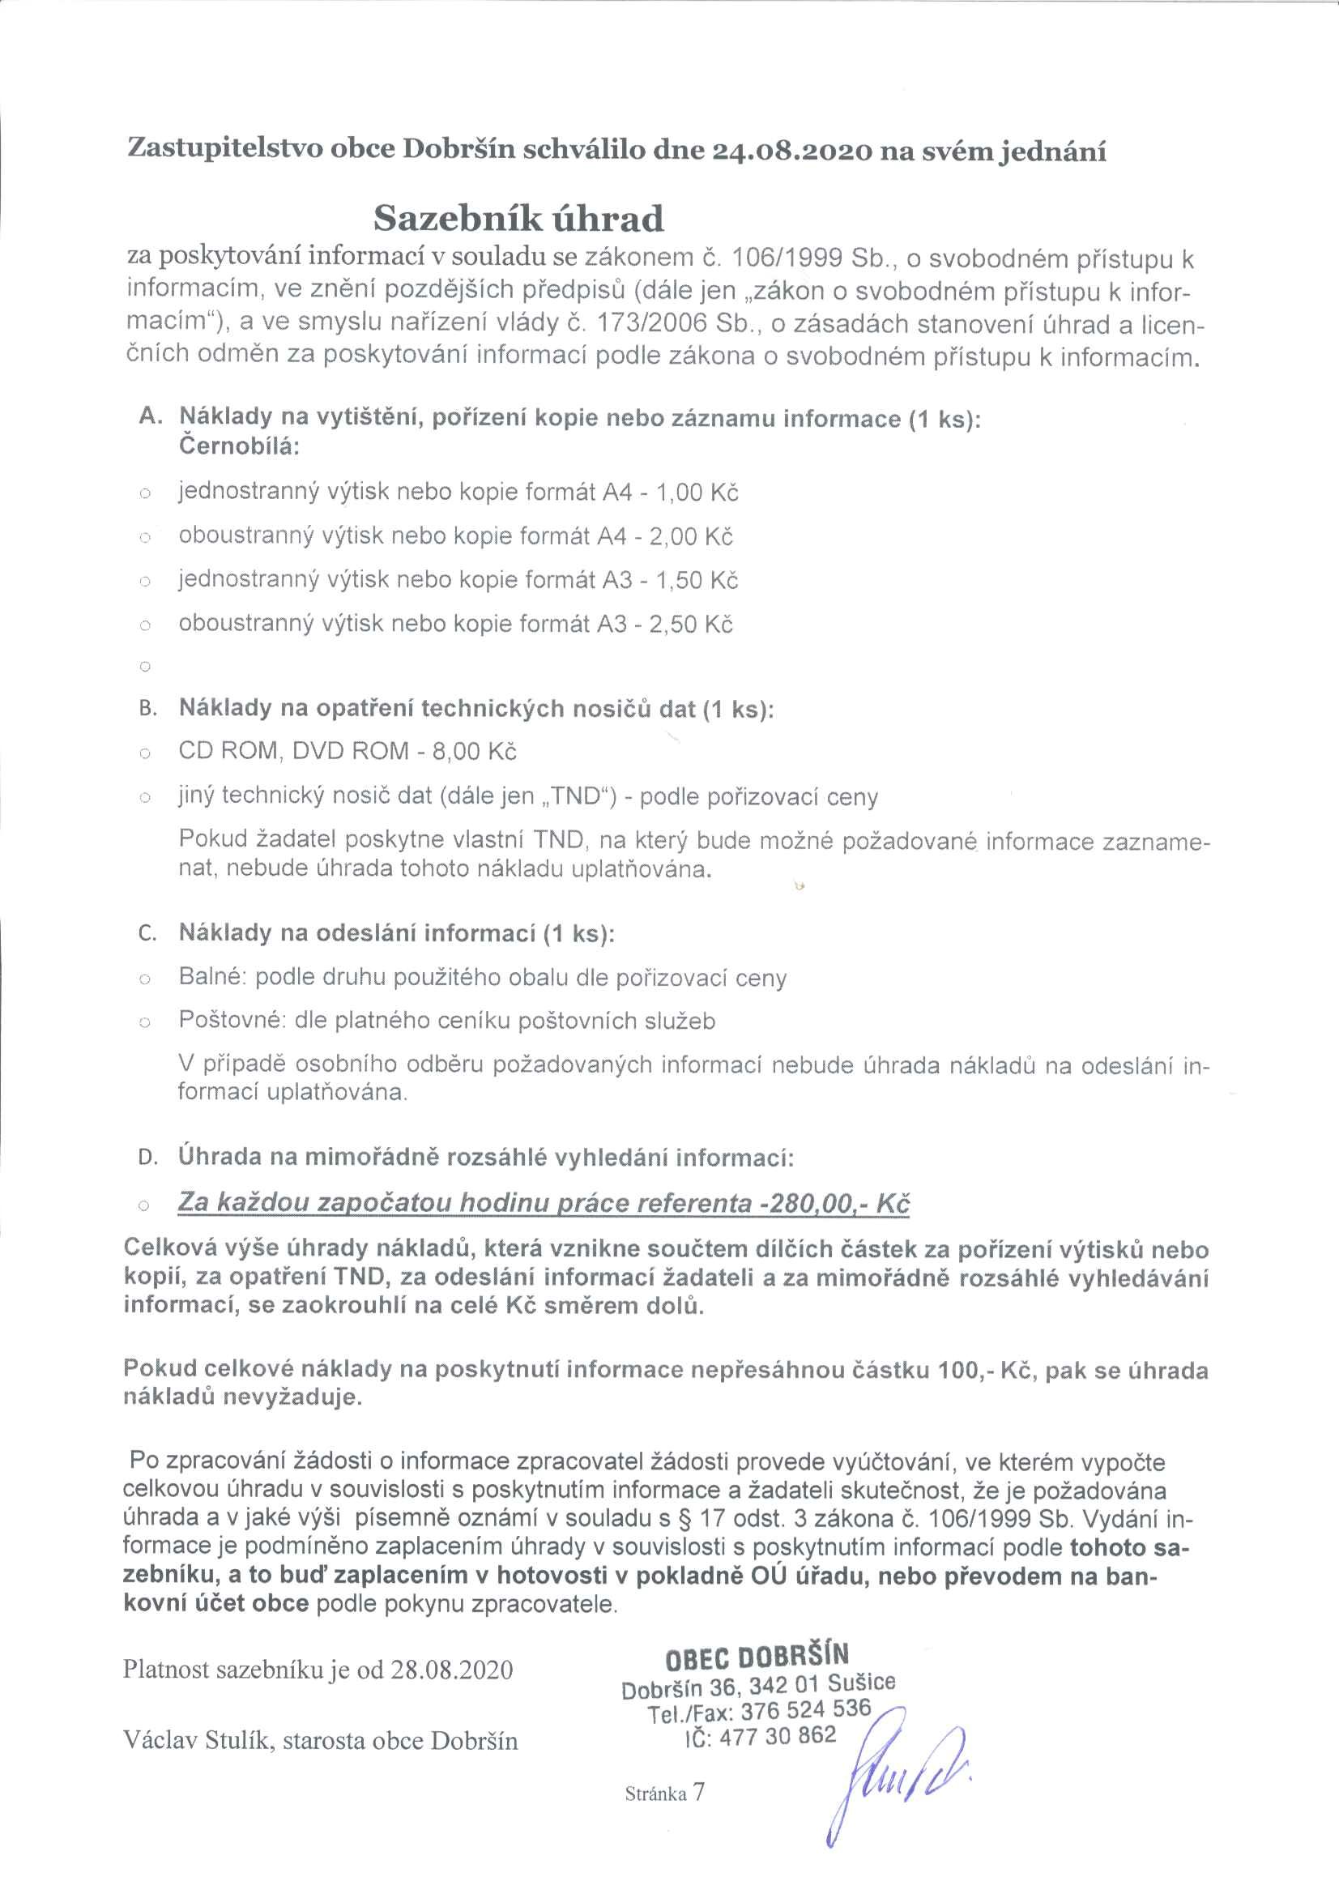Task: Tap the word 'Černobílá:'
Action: click(239, 446)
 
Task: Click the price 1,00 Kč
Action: click(697, 493)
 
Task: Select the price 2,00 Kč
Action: click(690, 536)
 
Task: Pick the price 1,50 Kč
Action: click(697, 580)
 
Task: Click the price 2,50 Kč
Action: click(690, 624)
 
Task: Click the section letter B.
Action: click(147, 709)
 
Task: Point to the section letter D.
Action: click(147, 1158)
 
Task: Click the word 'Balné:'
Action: click(213, 978)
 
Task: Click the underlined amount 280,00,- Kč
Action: click(834, 1203)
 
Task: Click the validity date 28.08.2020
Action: click(451, 1670)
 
